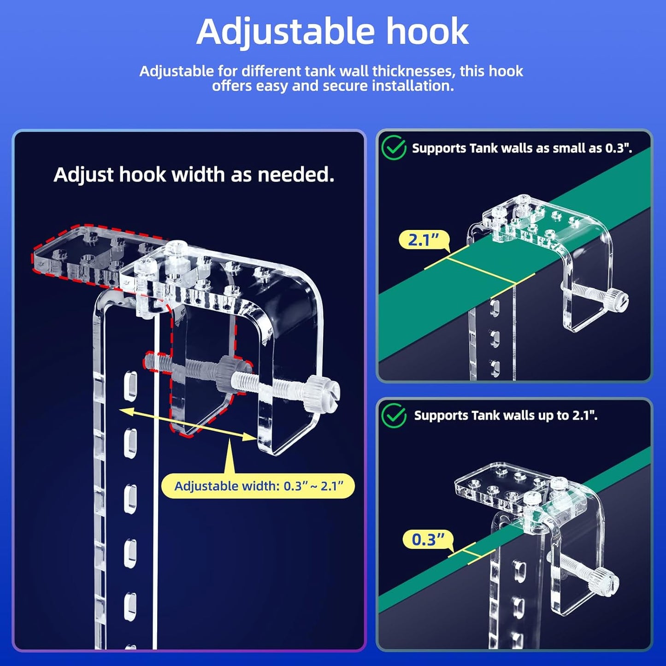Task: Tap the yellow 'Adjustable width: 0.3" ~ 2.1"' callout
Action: click(x=258, y=486)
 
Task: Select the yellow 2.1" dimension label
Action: click(x=423, y=240)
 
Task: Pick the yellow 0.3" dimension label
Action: click(x=428, y=539)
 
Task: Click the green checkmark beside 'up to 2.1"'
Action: click(x=394, y=416)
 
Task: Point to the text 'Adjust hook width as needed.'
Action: click(x=194, y=175)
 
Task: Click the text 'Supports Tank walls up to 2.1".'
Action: click(x=506, y=416)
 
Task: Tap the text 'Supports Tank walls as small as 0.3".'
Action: click(x=521, y=148)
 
